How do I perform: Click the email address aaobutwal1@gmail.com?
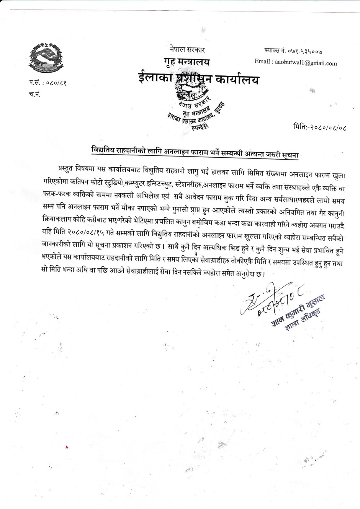coord(306,63)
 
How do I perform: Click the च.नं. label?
coord(34,94)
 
